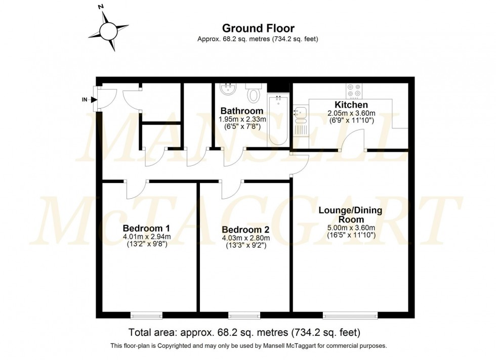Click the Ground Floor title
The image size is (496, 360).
[259, 28]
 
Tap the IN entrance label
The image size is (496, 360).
[85, 100]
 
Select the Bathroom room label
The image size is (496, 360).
[241, 111]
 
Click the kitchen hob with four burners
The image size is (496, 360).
[353, 91]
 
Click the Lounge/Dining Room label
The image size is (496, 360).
[351, 214]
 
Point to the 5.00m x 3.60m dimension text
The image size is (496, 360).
[351, 228]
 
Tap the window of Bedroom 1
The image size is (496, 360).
[147, 316]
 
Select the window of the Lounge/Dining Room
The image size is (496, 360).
[350, 316]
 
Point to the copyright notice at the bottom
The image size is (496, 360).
[248, 346]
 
